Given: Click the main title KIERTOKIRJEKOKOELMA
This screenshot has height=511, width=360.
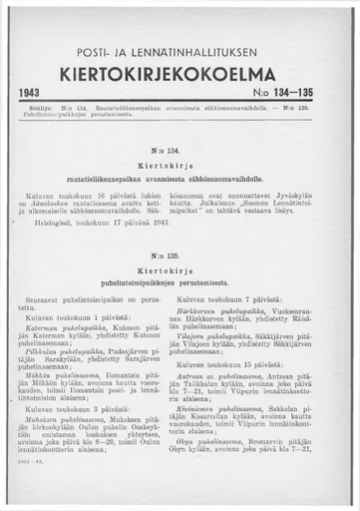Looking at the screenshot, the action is point(180,74).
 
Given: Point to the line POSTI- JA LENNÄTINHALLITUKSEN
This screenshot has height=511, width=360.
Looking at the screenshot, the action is point(180,50).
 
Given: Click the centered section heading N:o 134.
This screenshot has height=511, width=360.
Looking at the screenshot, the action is point(180,146).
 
